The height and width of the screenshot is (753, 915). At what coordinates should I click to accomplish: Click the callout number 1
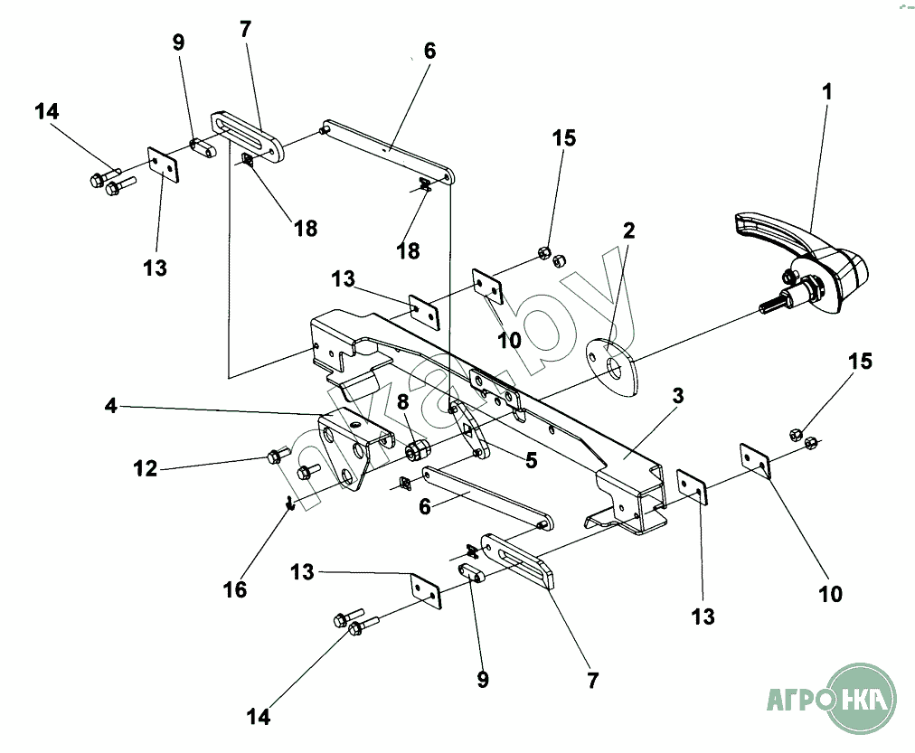click(826, 91)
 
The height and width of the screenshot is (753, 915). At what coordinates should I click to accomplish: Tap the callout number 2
click(627, 230)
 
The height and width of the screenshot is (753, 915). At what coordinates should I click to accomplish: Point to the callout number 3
click(678, 395)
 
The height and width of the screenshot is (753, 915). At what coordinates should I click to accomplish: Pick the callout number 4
click(111, 406)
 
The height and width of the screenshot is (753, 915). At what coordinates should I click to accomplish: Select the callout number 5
click(532, 460)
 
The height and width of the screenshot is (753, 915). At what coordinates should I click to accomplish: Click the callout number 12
click(146, 468)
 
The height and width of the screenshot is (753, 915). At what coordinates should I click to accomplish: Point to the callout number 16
click(234, 589)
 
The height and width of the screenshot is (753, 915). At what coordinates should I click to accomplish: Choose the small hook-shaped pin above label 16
click(288, 503)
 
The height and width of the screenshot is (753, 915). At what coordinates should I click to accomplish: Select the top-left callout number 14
click(47, 112)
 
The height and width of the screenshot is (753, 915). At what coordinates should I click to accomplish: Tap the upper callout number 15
click(565, 138)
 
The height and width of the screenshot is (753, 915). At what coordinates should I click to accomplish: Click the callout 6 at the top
click(429, 51)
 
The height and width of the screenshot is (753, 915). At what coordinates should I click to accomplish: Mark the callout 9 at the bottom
click(483, 679)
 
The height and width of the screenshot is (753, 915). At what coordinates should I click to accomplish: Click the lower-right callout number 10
click(830, 594)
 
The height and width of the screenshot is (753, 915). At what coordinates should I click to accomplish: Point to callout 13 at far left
click(156, 268)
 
